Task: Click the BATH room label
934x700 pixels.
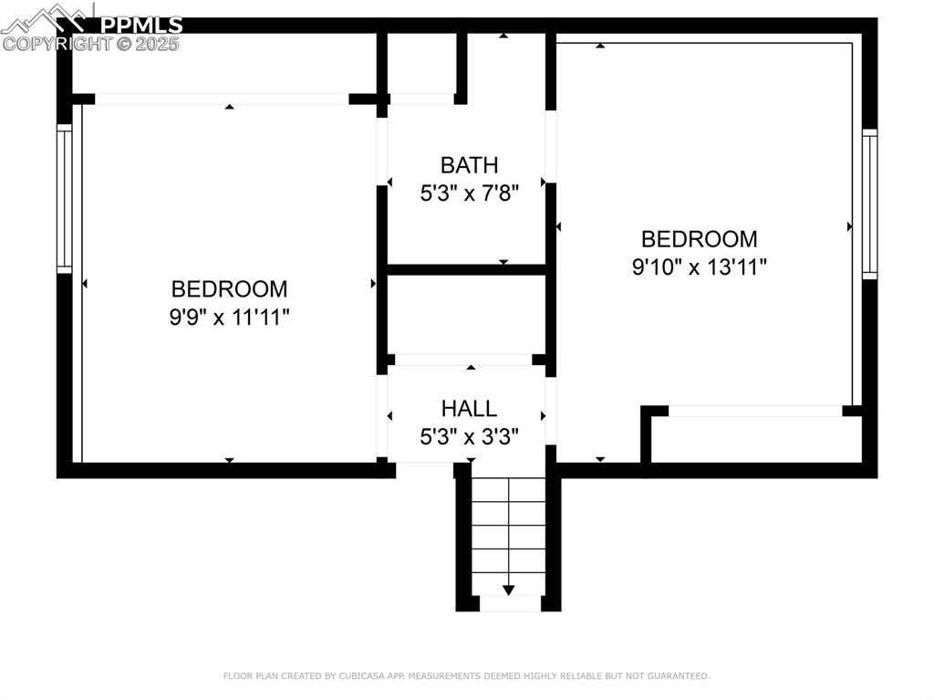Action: pos(469,165)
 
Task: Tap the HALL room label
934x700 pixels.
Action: pos(469,408)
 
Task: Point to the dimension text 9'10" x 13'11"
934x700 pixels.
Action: pos(700,267)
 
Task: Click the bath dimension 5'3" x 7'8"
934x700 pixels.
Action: pos(469,193)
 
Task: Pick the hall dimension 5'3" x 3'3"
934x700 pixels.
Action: pos(469,436)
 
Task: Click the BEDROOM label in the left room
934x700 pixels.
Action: pos(229,289)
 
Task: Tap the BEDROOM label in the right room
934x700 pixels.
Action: pos(699,239)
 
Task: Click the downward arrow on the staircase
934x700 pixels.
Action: pos(508,590)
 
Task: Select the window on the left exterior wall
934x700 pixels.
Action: pos(64,198)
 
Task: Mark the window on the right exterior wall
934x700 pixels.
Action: pos(869,204)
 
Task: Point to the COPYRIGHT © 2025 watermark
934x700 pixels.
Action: pos(91,43)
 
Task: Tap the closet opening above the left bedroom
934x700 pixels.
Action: pos(222,99)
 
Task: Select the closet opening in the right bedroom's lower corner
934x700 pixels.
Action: pos(755,411)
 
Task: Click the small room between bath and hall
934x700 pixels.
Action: pos(466,312)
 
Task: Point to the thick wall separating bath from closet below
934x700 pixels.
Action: pos(466,269)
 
